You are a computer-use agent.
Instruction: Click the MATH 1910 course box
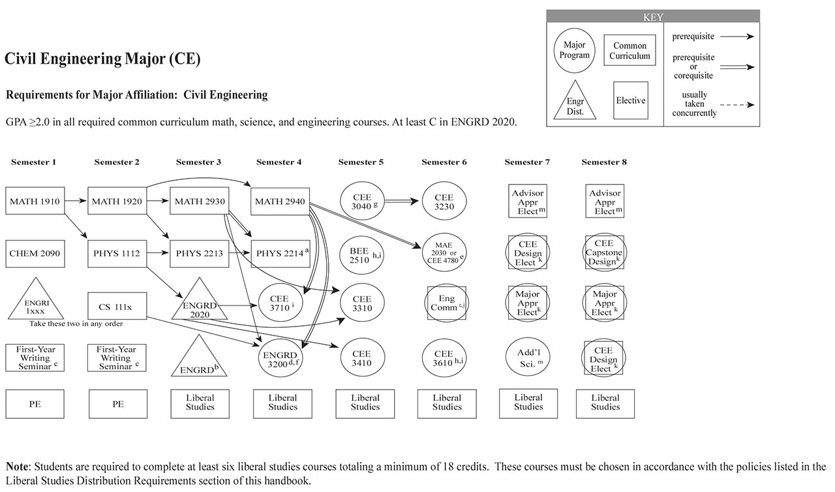[35, 201]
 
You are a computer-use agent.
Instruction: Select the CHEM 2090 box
[35, 253]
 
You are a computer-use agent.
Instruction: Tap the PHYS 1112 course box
[117, 253]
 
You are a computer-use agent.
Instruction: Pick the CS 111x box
[117, 306]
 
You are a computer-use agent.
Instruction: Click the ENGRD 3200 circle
[281, 358]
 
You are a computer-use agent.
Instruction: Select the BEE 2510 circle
[362, 253]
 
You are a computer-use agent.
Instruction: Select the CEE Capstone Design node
[605, 253]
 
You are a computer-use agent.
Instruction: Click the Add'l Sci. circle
[528, 358]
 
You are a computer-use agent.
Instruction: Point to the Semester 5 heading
[361, 162]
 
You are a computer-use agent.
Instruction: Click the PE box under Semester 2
[117, 404]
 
